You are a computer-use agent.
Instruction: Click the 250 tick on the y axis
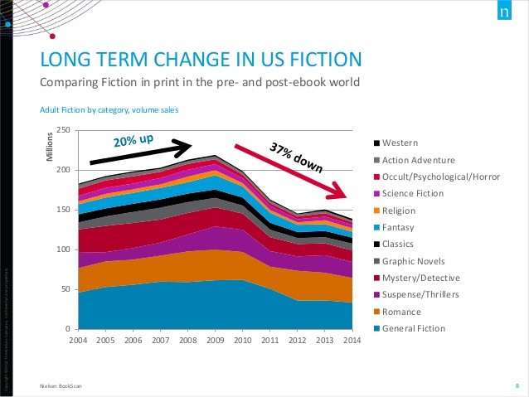click(63, 130)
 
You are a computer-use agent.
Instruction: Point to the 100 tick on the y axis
click(63, 249)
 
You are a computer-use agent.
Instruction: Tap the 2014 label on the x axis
click(352, 340)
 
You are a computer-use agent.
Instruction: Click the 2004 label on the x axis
click(78, 340)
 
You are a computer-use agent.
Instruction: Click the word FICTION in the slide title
click(319, 59)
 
